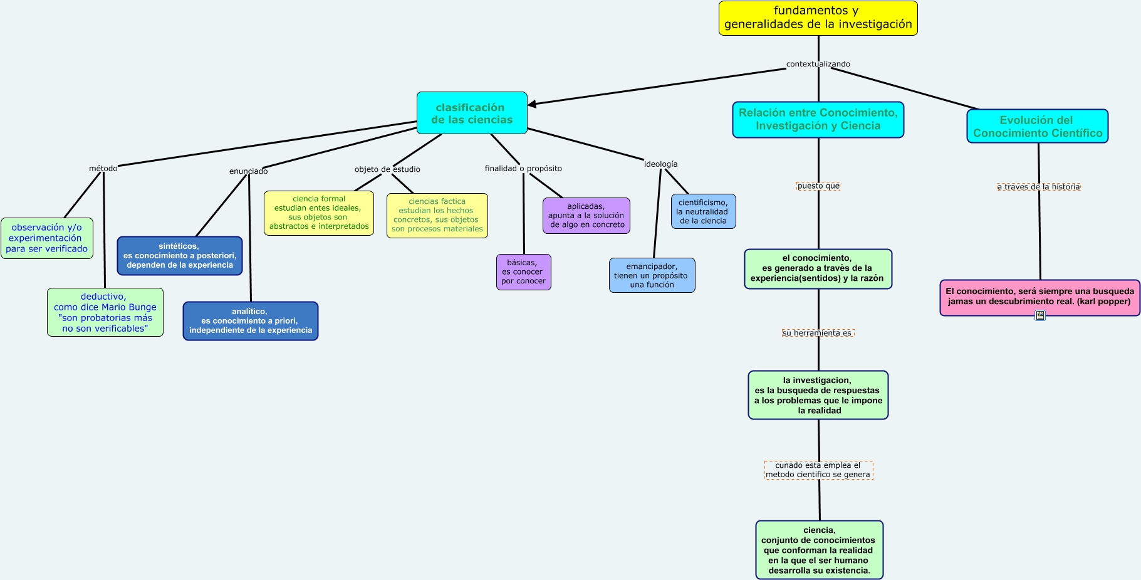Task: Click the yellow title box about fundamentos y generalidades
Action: [818, 18]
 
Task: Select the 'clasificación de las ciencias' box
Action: [472, 113]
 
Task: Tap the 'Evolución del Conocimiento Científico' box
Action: [1037, 127]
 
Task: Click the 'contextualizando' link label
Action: [818, 64]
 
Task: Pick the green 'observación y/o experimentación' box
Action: [47, 238]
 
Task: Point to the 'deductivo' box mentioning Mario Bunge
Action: [105, 312]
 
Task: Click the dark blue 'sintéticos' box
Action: [180, 256]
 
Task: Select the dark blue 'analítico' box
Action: [251, 321]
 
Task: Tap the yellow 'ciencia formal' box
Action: [319, 213]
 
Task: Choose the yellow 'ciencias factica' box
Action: [437, 216]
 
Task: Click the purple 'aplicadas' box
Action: [586, 216]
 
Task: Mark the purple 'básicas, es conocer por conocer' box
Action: [523, 272]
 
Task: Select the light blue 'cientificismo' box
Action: [703, 212]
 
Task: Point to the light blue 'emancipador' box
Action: [652, 275]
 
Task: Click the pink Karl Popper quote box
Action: [1039, 297]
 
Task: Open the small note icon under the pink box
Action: [1040, 315]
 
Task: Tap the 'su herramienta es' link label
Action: [817, 333]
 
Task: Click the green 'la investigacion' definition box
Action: [818, 395]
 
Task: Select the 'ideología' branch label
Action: [660, 164]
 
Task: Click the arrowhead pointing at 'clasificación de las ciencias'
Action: [533, 104]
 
